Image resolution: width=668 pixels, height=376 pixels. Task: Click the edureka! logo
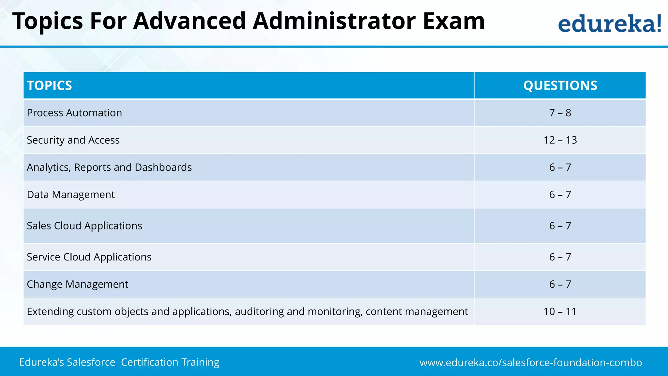[x=610, y=23]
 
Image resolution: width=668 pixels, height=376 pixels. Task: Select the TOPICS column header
[x=50, y=86]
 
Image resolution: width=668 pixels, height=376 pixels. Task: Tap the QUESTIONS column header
[x=560, y=86]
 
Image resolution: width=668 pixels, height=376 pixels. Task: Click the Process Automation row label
[x=74, y=113]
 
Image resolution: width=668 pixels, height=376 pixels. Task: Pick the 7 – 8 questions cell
[x=560, y=113]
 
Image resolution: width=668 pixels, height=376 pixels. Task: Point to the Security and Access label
[x=73, y=140]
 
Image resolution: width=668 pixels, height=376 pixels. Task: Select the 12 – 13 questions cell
[x=560, y=140]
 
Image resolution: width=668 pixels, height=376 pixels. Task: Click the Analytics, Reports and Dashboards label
[x=109, y=167]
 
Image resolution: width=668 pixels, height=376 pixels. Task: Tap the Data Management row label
[x=71, y=195]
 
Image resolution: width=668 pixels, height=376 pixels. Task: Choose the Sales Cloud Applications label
[x=84, y=226]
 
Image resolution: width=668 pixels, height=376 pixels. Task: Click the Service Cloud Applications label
[x=89, y=257]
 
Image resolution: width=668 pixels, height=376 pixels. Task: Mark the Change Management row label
[x=78, y=284]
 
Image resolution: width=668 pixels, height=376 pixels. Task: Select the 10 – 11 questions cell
[x=560, y=312]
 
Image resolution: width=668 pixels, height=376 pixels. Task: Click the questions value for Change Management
[x=560, y=284]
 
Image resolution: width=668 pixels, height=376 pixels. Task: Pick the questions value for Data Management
[x=560, y=195]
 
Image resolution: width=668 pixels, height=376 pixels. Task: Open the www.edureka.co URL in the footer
[x=531, y=363]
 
